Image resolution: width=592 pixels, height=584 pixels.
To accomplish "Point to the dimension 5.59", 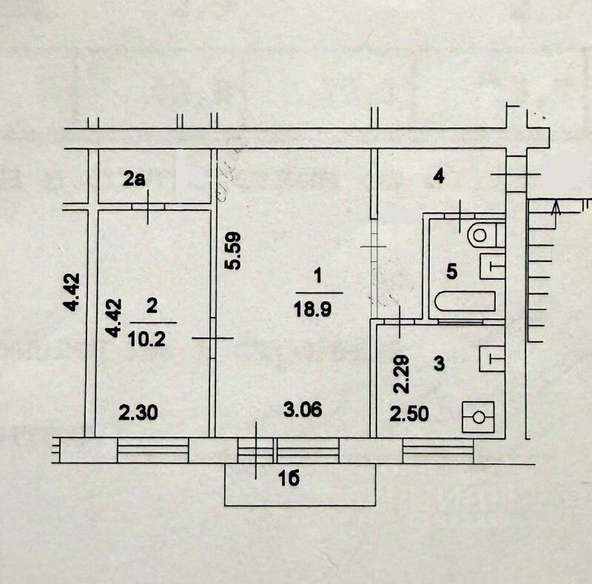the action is [232, 252].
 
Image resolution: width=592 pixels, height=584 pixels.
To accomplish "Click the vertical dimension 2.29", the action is [399, 376].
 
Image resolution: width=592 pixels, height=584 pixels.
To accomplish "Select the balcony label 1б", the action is [291, 479].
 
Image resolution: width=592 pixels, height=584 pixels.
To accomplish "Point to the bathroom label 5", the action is [453, 271].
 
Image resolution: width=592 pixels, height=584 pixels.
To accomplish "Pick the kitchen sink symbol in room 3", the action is [491, 359].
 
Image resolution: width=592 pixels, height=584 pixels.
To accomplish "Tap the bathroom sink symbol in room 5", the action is [492, 266].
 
